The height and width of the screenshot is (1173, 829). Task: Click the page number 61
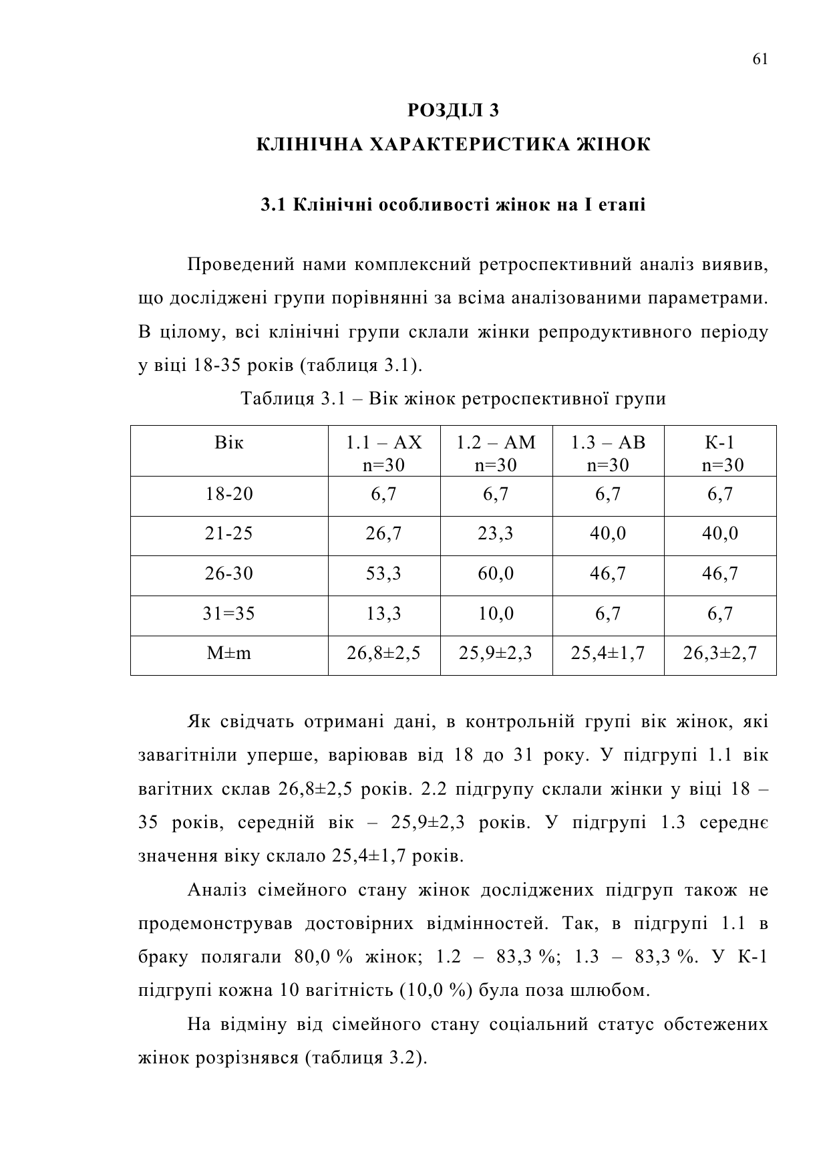coord(760,59)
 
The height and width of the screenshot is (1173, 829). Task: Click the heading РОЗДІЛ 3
coord(453,110)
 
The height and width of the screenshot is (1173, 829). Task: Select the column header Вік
coord(228,442)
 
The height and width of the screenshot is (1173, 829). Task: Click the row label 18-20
coord(228,495)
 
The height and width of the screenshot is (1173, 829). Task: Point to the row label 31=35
coord(228,614)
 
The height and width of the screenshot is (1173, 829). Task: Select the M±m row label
coord(228,653)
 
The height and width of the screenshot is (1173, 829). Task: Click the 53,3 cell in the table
coord(383,573)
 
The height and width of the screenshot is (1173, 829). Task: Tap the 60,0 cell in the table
coord(496,573)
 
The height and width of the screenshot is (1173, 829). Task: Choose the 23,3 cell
coord(496,534)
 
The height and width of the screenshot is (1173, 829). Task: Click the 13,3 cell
coord(383,614)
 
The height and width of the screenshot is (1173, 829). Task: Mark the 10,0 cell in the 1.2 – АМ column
coord(496,614)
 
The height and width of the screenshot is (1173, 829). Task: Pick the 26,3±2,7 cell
coord(719,653)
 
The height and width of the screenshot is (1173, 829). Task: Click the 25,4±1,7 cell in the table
coord(607,653)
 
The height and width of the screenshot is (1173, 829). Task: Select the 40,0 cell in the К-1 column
coord(719,534)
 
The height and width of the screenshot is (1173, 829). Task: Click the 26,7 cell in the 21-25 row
coord(383,534)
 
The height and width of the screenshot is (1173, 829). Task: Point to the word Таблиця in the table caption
coord(277,399)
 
